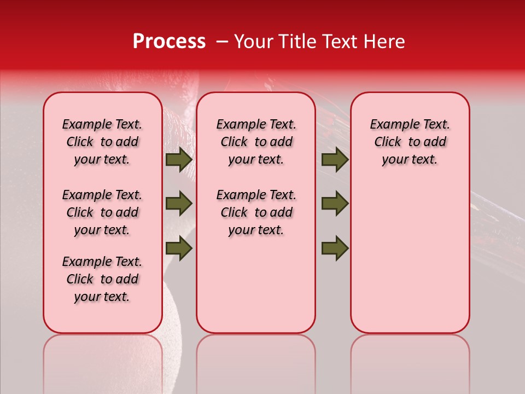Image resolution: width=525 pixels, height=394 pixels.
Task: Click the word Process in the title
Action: tap(169, 42)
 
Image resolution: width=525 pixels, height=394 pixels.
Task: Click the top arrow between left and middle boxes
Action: tap(179, 159)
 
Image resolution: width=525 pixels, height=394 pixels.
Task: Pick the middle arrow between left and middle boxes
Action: tap(179, 204)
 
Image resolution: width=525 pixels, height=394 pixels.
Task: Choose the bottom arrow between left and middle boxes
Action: tap(179, 248)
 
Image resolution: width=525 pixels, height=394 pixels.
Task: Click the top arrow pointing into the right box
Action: tap(335, 159)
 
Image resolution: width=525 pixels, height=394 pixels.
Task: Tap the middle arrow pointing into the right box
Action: tap(335, 204)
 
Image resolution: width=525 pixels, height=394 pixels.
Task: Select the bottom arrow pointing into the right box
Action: tap(335, 248)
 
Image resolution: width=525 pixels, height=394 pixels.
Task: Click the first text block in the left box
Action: tap(102, 142)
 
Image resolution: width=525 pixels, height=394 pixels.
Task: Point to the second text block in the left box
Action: tap(102, 212)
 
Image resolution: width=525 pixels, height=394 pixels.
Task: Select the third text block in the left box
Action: tap(102, 279)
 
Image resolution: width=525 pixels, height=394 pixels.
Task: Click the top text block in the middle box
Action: tap(256, 142)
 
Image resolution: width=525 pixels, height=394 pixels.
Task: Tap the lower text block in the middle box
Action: tap(256, 212)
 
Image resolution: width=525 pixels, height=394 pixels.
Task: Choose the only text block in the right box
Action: tap(410, 142)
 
